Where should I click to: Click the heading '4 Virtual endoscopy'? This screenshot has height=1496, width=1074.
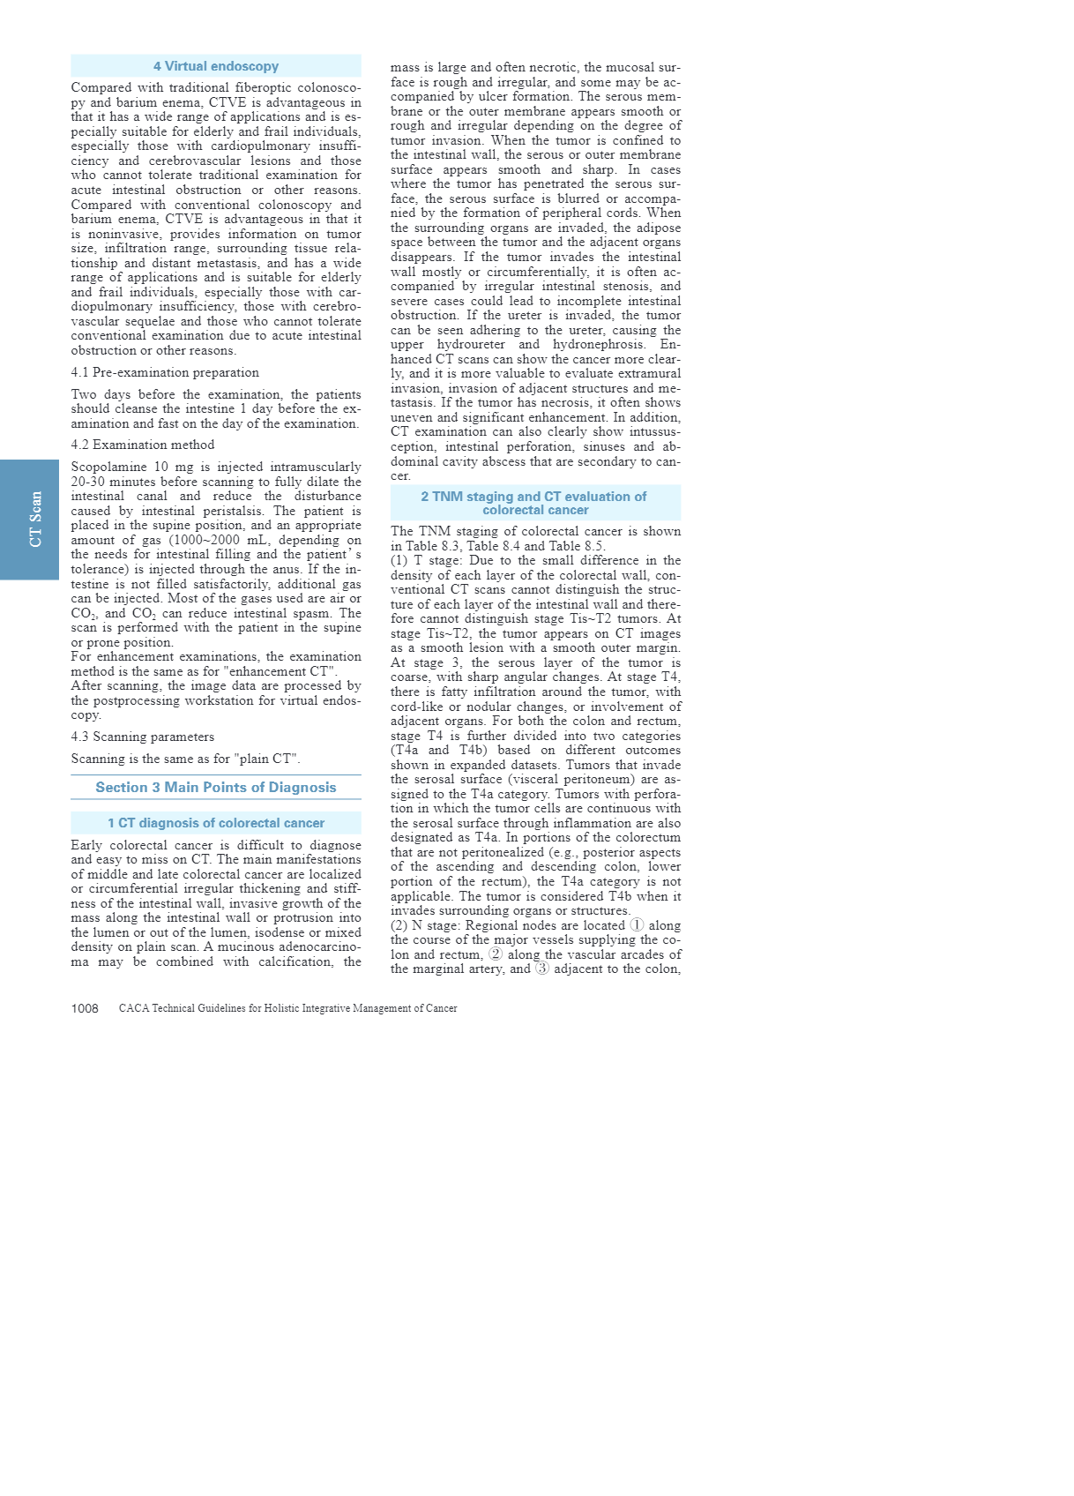coord(216,66)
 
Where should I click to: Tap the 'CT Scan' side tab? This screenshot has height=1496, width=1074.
coord(35,520)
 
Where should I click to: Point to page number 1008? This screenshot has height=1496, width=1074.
coord(85,1008)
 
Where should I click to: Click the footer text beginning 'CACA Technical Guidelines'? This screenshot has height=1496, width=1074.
coord(287,1008)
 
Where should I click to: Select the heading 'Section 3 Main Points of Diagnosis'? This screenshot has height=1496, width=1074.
coord(216,788)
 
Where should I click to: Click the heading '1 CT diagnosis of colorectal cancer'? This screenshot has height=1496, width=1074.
coord(216,823)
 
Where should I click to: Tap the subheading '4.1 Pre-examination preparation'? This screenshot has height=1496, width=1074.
coord(165,372)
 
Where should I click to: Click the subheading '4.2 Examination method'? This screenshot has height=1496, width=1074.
coord(143,445)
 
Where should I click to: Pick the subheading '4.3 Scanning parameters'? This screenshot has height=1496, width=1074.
coord(143,737)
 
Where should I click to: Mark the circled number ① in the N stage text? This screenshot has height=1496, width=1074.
coord(637,925)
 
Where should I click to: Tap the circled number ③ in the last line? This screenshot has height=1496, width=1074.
coord(542,969)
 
